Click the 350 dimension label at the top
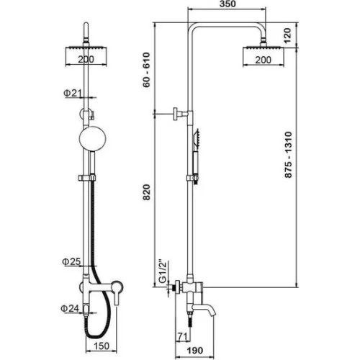click(x=228, y=4)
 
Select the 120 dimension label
click(x=287, y=35)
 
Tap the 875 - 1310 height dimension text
click(x=288, y=155)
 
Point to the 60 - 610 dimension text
click(x=146, y=70)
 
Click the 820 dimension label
click(x=146, y=192)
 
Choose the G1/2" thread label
click(x=163, y=271)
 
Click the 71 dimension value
click(x=183, y=336)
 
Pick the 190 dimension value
click(x=195, y=351)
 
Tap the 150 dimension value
click(x=102, y=346)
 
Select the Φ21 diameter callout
click(x=73, y=93)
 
